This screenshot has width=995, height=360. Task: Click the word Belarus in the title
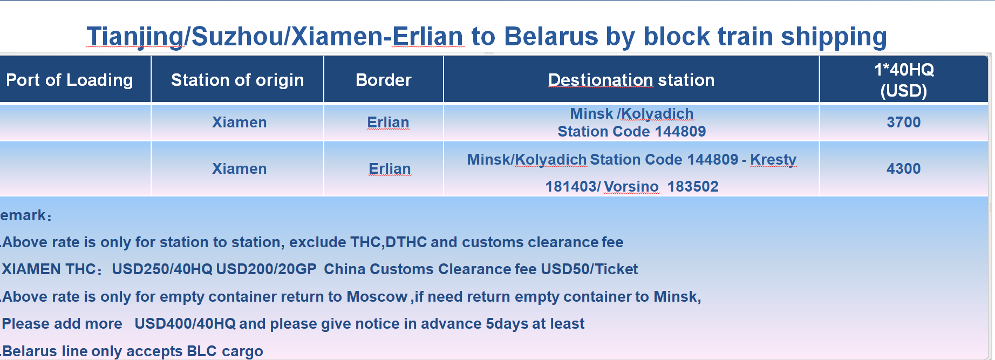551,37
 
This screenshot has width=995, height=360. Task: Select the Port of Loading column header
70,80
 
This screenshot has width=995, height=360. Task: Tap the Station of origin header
237,80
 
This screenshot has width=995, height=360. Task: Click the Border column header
384,80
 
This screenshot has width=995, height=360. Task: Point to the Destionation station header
631,80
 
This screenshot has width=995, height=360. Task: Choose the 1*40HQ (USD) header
904,80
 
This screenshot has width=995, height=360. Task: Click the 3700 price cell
904,122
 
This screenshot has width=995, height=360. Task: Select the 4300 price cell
904,168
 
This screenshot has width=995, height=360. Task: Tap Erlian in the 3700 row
388,123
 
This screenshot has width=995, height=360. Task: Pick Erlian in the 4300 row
390,169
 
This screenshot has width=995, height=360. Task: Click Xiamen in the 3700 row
240,123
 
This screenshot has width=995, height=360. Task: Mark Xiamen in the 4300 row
240,169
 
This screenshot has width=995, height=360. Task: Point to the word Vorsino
631,187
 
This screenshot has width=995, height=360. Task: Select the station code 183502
693,187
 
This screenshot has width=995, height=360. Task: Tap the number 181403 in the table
571,187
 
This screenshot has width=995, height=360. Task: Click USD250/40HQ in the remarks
162,269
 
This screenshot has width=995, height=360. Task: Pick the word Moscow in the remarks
377,297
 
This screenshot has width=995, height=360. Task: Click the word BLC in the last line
201,351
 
